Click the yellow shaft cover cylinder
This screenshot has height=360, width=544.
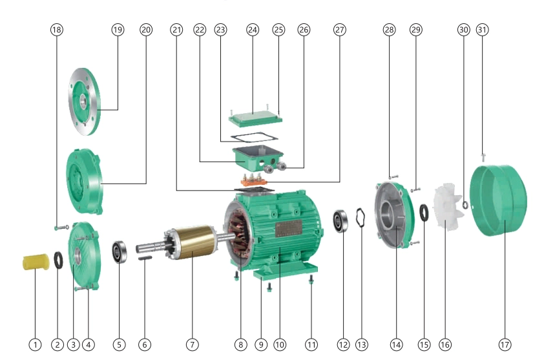pyautogui.click(x=32, y=262)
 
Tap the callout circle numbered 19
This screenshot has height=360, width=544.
pyautogui.click(x=118, y=30)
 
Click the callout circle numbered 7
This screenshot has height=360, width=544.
pyautogui.click(x=192, y=344)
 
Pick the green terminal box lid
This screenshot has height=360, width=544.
pyautogui.click(x=256, y=117)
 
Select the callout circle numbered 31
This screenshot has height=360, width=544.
pyautogui.click(x=482, y=30)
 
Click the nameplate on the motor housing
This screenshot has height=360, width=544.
pyautogui.click(x=288, y=228)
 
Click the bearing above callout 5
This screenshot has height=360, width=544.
pyautogui.click(x=120, y=251)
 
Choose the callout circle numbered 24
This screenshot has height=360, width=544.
pyautogui.click(x=252, y=30)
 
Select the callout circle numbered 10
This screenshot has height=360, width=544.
pyautogui.click(x=279, y=344)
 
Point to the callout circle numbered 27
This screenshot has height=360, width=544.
pyautogui.click(x=340, y=30)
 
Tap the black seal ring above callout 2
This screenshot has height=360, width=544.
pyautogui.click(x=58, y=260)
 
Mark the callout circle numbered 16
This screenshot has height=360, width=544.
pyautogui.click(x=445, y=344)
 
